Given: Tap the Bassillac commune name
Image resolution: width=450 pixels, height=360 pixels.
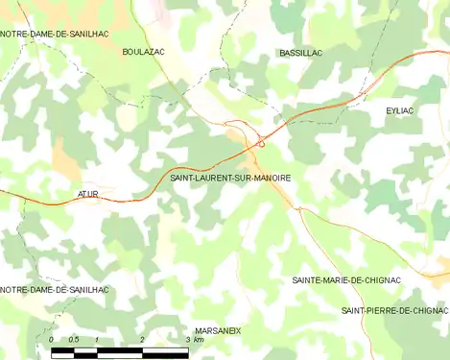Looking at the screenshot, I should pos(299,53).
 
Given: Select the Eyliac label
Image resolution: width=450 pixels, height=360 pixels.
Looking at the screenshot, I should pos(399,111).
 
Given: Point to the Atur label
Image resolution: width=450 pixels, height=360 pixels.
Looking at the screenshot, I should pos(88,194).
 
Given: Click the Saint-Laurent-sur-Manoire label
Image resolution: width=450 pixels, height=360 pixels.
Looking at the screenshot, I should pos(230,178).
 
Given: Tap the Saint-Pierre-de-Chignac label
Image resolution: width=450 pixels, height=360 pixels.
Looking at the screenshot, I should pos(394,311).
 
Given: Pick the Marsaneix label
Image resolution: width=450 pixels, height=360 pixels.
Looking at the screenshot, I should pos(217,330).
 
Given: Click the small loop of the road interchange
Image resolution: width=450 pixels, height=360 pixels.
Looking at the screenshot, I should pos(260,144).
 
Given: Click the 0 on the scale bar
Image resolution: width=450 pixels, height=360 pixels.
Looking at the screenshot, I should pos(51,341).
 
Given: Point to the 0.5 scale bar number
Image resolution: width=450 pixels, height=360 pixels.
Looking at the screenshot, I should pos(73,341).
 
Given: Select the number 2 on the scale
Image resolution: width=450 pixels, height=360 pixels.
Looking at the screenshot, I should pos(142,341).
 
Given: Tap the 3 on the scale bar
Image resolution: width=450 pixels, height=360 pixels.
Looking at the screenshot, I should pos(187,341).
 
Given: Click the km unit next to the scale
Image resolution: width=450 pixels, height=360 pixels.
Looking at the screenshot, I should pos(199,341).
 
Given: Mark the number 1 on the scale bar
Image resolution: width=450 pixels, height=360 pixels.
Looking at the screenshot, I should pos(96,341).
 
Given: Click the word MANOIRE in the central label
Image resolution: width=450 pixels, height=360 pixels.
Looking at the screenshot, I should pos(271,178).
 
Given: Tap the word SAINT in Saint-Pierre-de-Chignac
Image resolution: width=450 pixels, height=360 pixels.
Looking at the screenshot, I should pos(354,311).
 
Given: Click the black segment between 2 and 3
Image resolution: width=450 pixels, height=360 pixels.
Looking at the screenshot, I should pos(165,351).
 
